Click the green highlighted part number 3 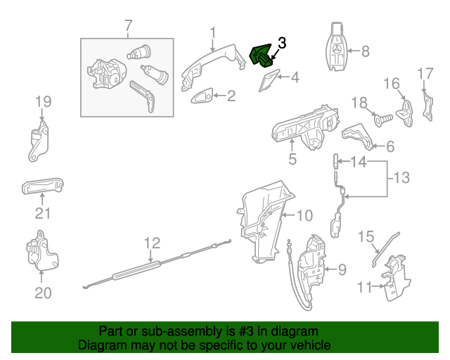point(262,56)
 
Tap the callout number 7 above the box point(128,27)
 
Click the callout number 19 point(44,103)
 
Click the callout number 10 point(303,215)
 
